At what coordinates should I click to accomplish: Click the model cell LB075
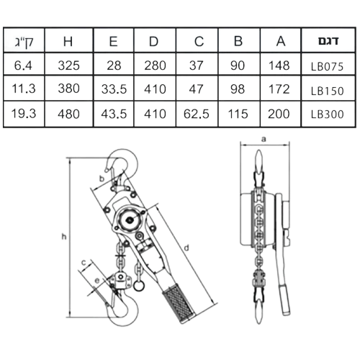[327, 66]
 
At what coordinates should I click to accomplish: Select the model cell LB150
[327, 91]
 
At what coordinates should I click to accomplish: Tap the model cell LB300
[327, 114]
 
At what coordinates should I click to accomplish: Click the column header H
[68, 41]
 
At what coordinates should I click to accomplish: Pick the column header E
[113, 41]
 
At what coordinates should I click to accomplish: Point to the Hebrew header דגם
[328, 41]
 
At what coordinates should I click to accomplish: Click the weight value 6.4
[23, 66]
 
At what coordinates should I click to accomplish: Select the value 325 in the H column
[68, 66]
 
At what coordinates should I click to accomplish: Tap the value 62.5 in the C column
[197, 114]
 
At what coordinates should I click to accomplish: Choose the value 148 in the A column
[279, 66]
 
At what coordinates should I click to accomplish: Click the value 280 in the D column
[155, 66]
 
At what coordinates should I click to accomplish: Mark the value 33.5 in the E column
[114, 89]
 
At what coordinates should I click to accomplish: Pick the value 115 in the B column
[238, 114]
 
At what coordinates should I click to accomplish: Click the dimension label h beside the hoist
[63, 237]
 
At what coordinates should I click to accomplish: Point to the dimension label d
[186, 248]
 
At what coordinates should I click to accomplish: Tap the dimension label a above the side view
[264, 139]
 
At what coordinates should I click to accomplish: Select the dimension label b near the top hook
[102, 179]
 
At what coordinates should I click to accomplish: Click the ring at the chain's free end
[139, 286]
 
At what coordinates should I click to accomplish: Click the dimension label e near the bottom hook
[97, 281]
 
